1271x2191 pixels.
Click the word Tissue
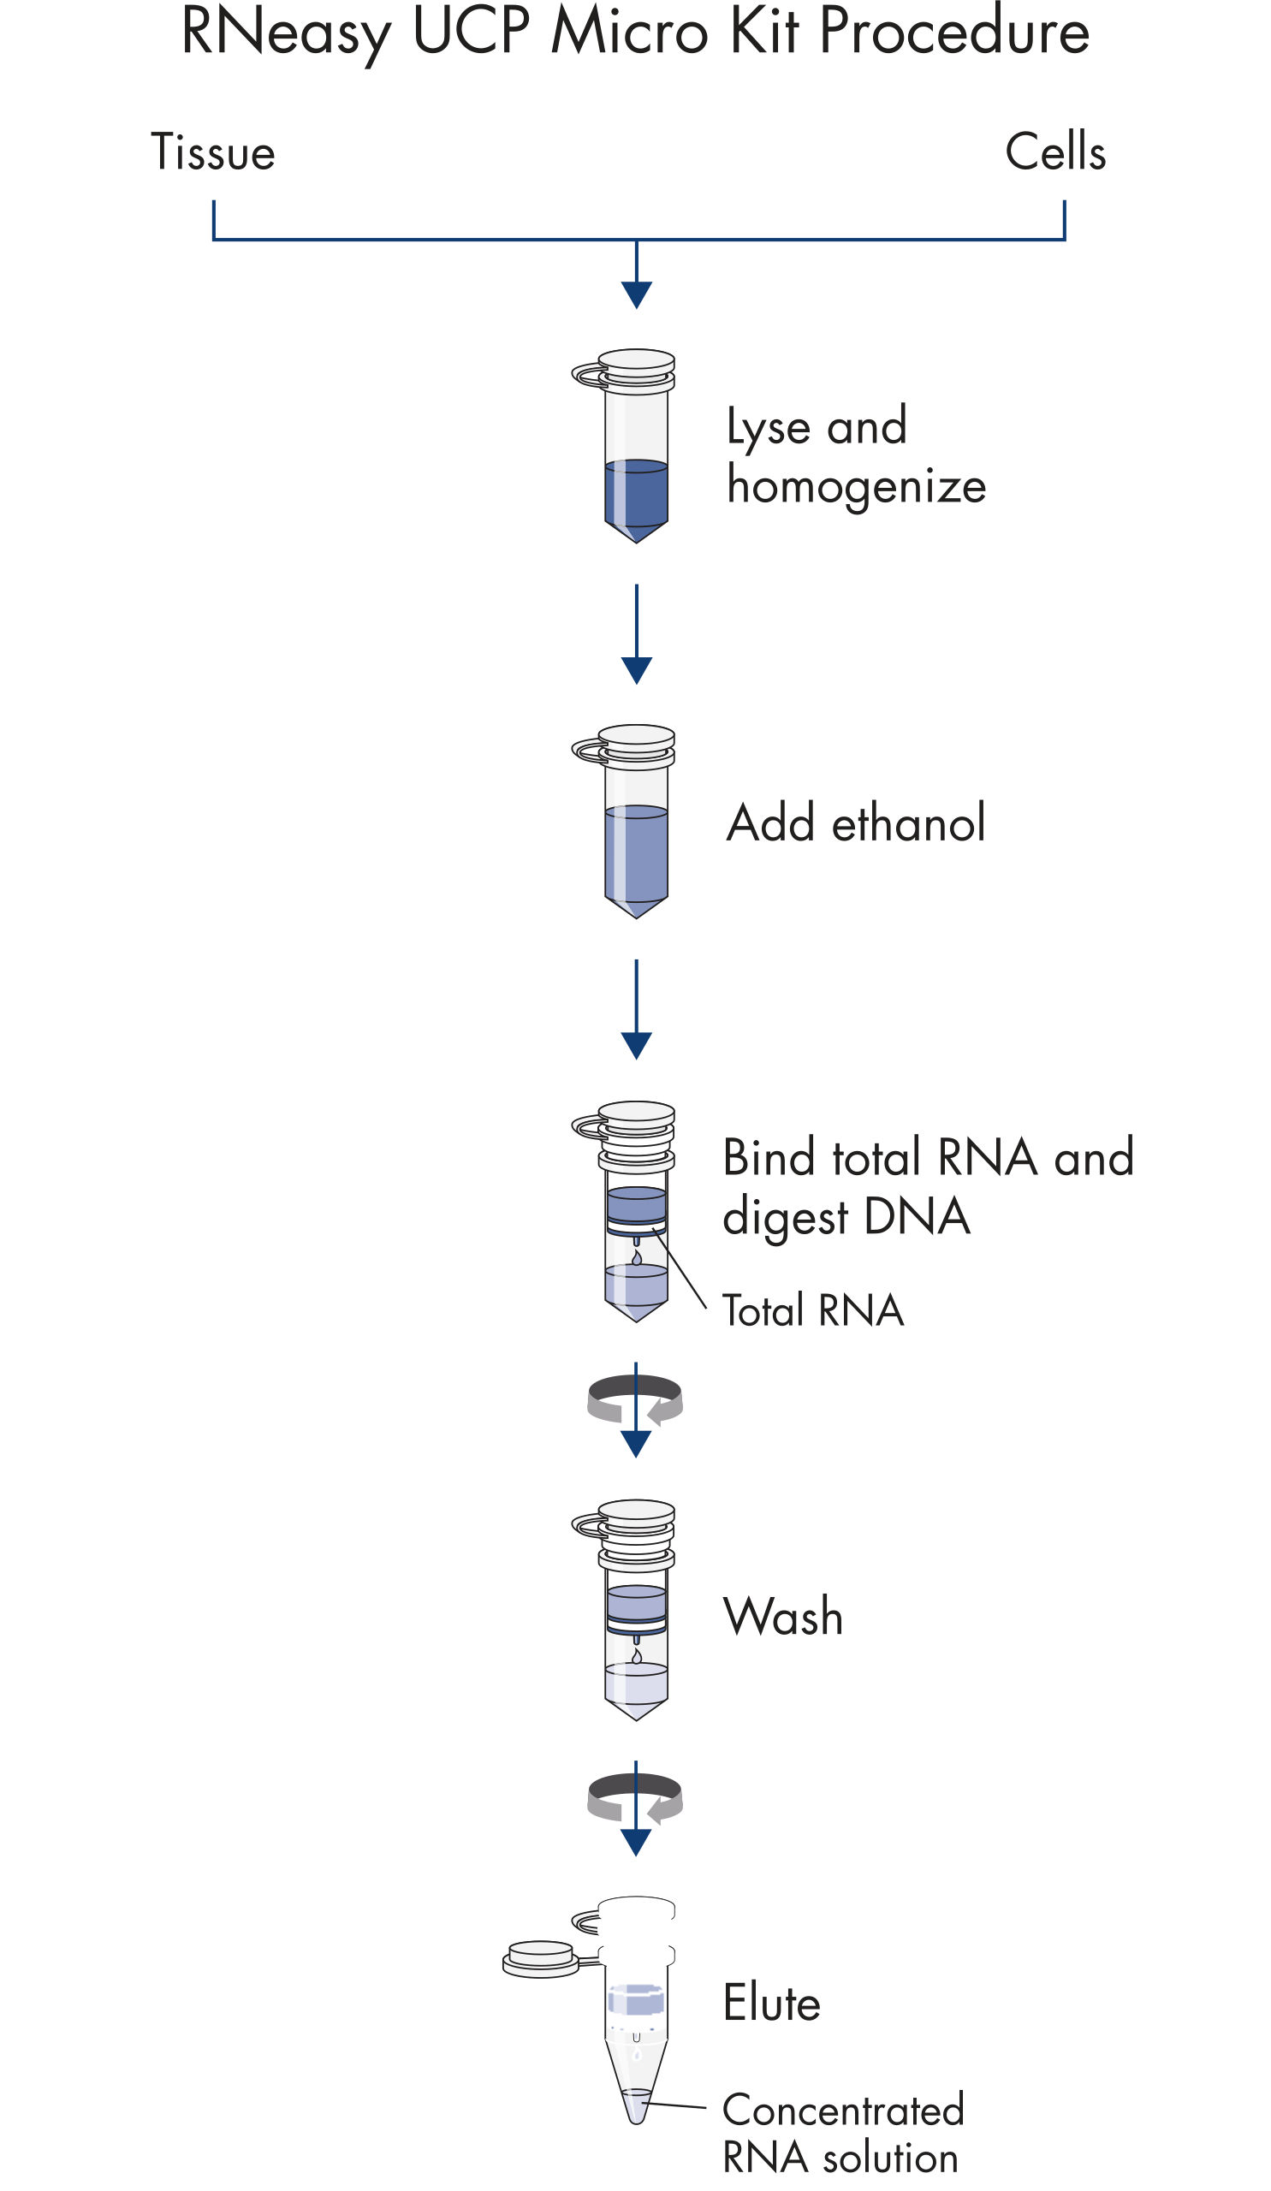[213, 152]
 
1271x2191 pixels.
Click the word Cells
[1054, 152]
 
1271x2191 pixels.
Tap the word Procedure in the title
[953, 33]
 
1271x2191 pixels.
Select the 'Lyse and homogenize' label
[855, 455]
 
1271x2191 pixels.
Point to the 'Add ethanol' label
[855, 822]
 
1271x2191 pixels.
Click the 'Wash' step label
[782, 1618]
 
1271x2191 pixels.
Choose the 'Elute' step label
[771, 2003]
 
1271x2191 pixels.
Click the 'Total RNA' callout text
[813, 1311]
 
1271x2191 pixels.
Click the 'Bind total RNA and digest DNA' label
[928, 1186]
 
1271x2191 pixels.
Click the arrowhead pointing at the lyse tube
[637, 294]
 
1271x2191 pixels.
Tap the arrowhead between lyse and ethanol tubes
[637, 669]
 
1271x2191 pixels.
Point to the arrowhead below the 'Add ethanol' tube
[637, 1045]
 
